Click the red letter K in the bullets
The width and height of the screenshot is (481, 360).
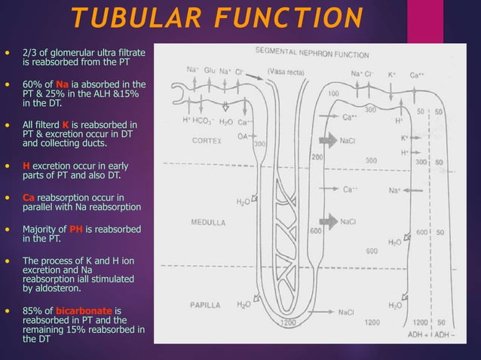66,124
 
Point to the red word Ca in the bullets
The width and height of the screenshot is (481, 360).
29,197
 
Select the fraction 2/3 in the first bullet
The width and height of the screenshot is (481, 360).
31,52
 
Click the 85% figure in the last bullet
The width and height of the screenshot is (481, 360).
32,310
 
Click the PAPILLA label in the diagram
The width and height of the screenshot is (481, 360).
206,306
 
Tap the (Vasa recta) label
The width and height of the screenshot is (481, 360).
286,72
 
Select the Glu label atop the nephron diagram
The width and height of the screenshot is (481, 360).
210,71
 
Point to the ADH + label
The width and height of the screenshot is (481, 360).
417,334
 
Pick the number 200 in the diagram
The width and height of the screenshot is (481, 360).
317,157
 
